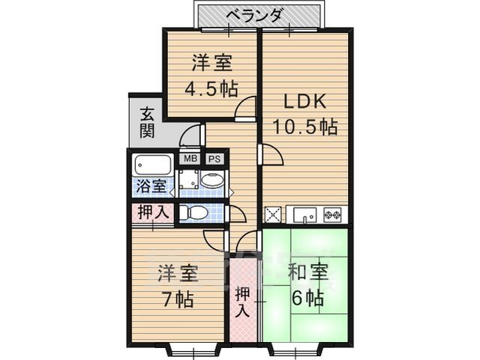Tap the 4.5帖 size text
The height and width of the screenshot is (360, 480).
211,87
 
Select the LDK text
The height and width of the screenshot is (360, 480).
304,100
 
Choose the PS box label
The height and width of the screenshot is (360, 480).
214,159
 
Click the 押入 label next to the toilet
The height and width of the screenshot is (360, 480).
153,212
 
